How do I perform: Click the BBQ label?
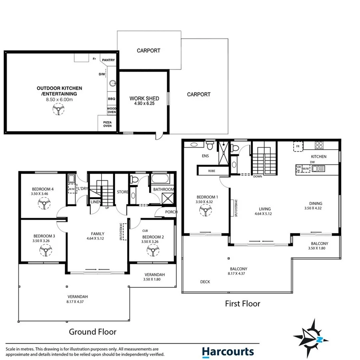pyautogui.click(x=112, y=98)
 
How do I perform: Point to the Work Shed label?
pyautogui.click(x=144, y=98)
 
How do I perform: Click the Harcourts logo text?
pyautogui.click(x=228, y=352)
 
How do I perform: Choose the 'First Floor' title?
pyautogui.click(x=243, y=304)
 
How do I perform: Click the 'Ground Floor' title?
pyautogui.click(x=92, y=332)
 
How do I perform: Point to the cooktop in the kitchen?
pyautogui.click(x=320, y=145)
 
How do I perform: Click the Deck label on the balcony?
pyautogui.click(x=205, y=282)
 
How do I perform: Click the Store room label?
pyautogui.click(x=122, y=192)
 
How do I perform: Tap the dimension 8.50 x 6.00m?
pyautogui.click(x=60, y=99)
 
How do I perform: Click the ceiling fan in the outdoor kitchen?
pyautogui.click(x=59, y=110)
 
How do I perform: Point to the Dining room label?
pyautogui.click(x=313, y=203)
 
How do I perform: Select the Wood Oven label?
pyautogui.click(x=112, y=110)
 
